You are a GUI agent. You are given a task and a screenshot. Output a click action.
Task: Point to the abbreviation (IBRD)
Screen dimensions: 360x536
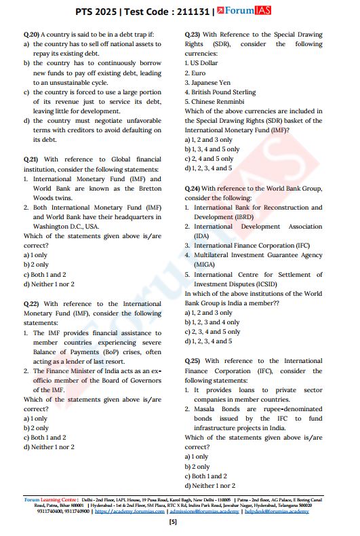tap(207, 217)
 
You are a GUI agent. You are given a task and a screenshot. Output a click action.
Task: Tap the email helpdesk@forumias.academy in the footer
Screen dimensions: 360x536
tap(277, 511)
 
